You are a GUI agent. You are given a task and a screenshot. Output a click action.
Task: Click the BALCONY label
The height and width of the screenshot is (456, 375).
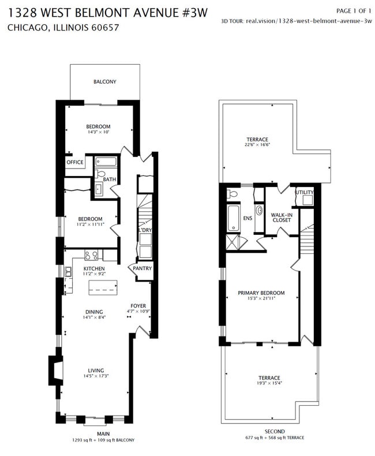point(104,82)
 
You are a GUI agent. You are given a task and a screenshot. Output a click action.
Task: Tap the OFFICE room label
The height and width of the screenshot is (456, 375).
point(75,163)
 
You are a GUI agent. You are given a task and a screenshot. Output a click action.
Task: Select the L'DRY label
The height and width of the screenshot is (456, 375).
point(144,230)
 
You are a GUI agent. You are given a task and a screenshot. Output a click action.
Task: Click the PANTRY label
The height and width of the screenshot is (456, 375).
point(142,268)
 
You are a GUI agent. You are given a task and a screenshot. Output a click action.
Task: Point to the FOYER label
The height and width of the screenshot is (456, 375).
point(138,306)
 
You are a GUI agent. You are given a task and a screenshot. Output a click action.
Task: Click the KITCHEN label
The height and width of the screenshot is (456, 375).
point(93,269)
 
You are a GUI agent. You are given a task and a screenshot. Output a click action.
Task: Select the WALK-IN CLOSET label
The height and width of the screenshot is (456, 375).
point(281,218)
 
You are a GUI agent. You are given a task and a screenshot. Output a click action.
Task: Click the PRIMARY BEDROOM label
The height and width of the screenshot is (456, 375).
point(261,293)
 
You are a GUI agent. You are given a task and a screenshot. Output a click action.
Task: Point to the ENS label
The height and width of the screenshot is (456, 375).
point(248,218)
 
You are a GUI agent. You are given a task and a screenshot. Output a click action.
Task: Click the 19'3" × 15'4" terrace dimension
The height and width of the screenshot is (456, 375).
point(269,383)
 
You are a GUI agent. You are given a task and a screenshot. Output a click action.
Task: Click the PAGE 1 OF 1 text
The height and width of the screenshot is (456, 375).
point(353,11)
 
